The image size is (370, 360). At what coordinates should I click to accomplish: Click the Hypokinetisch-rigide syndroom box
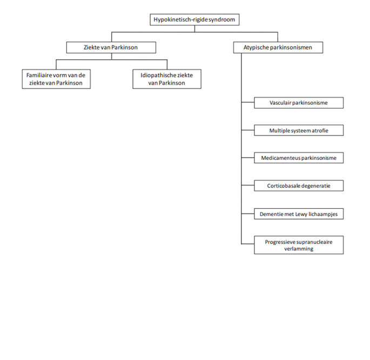coord(194,19)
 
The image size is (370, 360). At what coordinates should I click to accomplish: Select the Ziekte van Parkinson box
coord(111,47)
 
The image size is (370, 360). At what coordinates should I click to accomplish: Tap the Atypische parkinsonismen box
coord(278,47)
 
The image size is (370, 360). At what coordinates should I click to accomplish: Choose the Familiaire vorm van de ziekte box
coord(56,79)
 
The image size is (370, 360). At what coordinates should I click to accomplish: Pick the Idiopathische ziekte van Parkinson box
coord(167,79)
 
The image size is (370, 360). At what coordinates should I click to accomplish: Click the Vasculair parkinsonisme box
coord(299,103)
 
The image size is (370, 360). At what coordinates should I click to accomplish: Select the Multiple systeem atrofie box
coord(299,131)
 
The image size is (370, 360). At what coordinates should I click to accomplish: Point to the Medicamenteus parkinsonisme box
coord(299,158)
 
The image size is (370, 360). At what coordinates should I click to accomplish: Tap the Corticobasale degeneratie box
coord(299,186)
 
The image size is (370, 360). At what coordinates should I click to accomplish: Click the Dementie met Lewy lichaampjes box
coord(299,214)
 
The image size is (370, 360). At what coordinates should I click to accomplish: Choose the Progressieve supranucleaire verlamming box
coord(299,245)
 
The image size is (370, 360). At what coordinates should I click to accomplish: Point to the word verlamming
coord(299,249)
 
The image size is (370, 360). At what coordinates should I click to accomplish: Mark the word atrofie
coord(320,131)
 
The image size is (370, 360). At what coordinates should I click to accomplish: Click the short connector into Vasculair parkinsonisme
coord(248,103)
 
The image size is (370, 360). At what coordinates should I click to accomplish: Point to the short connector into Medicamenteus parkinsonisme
coord(248,158)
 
